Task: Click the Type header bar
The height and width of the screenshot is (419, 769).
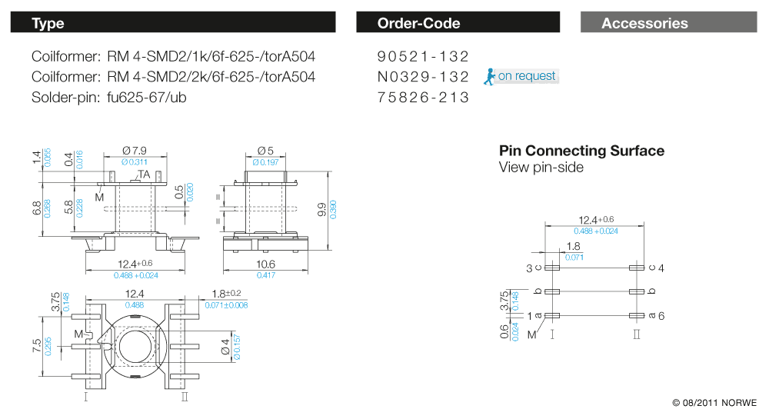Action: point(173,23)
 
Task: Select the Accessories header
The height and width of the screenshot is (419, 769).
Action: point(669,23)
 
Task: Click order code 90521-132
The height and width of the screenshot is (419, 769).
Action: point(423,56)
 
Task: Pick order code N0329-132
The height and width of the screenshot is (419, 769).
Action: point(423,77)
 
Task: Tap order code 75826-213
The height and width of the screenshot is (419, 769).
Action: point(423,98)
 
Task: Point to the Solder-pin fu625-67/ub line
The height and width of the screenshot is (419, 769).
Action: point(109,98)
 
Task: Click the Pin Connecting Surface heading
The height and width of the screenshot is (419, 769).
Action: point(581,151)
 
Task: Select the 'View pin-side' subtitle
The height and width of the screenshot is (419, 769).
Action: point(541,167)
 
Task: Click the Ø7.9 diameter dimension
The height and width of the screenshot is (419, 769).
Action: point(135,151)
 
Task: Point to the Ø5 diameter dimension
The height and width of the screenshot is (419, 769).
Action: point(265,151)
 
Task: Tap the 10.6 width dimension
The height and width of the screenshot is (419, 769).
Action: point(266,264)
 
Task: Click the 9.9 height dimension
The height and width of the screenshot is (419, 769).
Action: point(322,208)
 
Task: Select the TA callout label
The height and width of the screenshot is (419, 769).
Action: point(144,175)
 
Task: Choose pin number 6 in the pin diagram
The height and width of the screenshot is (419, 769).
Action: point(661,316)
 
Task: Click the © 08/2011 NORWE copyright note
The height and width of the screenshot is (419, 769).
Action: point(714,403)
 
